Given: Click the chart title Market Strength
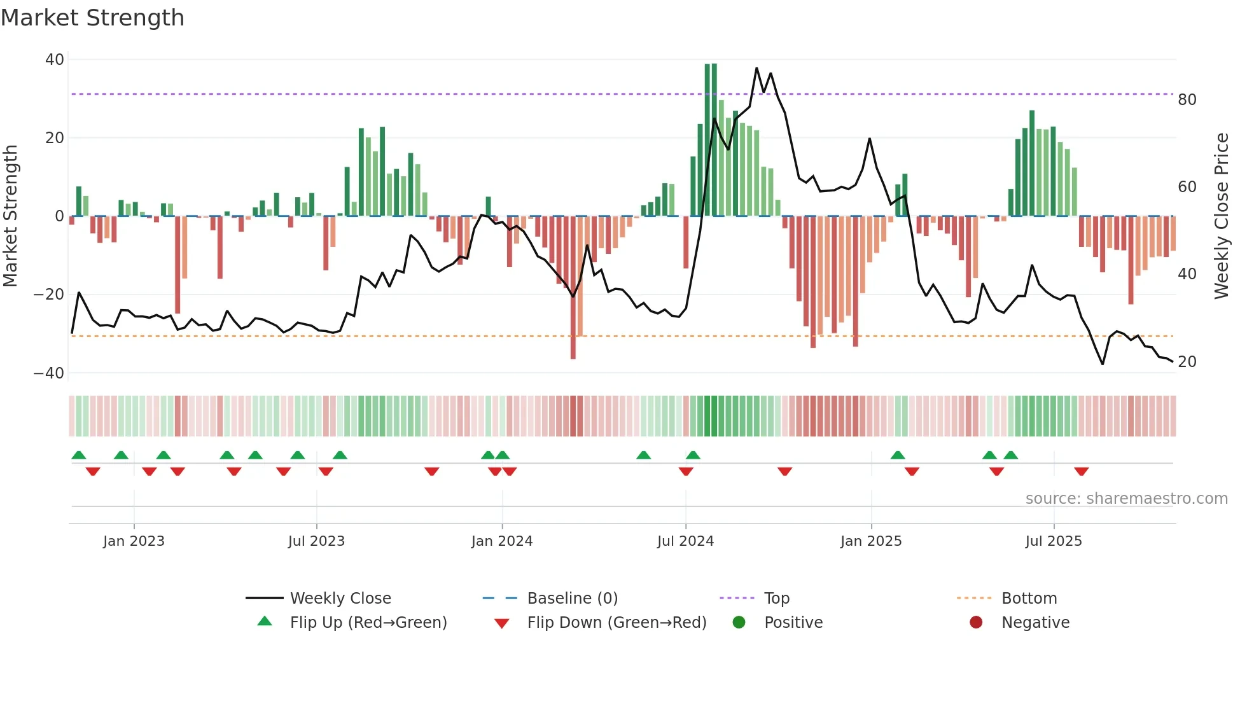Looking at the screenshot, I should pyautogui.click(x=92, y=18).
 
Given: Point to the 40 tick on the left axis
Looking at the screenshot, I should pyautogui.click(x=55, y=60).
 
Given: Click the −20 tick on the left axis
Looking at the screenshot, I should pyautogui.click(x=49, y=295).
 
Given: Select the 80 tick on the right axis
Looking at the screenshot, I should pyautogui.click(x=1187, y=100).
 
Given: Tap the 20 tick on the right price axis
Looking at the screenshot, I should pyautogui.click(x=1187, y=362).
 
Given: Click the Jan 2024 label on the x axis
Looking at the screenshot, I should pyautogui.click(x=502, y=541).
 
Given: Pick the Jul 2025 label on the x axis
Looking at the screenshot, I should pyautogui.click(x=1054, y=541).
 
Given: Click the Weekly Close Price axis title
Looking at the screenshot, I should pyautogui.click(x=1222, y=216).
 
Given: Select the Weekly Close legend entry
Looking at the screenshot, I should pyautogui.click(x=340, y=599).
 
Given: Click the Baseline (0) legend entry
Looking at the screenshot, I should pyautogui.click(x=572, y=599).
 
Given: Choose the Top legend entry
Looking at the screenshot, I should pyautogui.click(x=777, y=599).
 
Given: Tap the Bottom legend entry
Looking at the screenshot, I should pyautogui.click(x=1029, y=599).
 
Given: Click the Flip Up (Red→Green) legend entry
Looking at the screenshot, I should pyautogui.click(x=368, y=623).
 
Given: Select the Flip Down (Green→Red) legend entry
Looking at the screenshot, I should pyautogui.click(x=617, y=623).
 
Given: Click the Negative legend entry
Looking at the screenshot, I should pyautogui.click(x=1035, y=623).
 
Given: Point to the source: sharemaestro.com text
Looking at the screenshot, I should pyautogui.click(x=1126, y=499).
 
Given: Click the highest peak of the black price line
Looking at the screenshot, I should pyautogui.click(x=756, y=68).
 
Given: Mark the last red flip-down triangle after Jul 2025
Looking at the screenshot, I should pyautogui.click(x=1082, y=471).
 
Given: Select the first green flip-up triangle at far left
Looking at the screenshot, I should pyautogui.click(x=79, y=455).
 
